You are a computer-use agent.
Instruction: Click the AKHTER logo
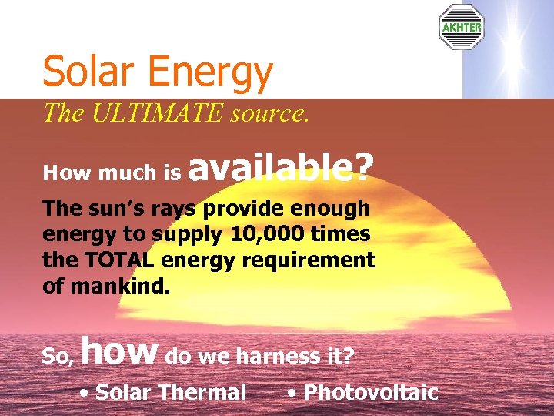click(461, 28)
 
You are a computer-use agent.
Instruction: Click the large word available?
click(280, 166)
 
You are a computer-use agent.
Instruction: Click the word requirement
click(309, 260)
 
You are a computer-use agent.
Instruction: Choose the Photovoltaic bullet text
click(371, 392)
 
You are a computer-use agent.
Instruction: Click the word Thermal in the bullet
click(203, 392)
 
